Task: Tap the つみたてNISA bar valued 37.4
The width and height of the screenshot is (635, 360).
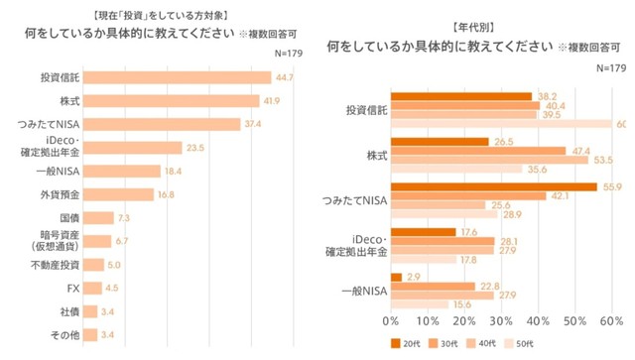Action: (x=170, y=125)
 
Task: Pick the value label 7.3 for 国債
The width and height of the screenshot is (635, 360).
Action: (x=124, y=218)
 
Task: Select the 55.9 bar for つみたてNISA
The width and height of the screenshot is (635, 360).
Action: (x=493, y=185)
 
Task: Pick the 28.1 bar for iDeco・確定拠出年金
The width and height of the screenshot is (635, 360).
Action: (x=443, y=240)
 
